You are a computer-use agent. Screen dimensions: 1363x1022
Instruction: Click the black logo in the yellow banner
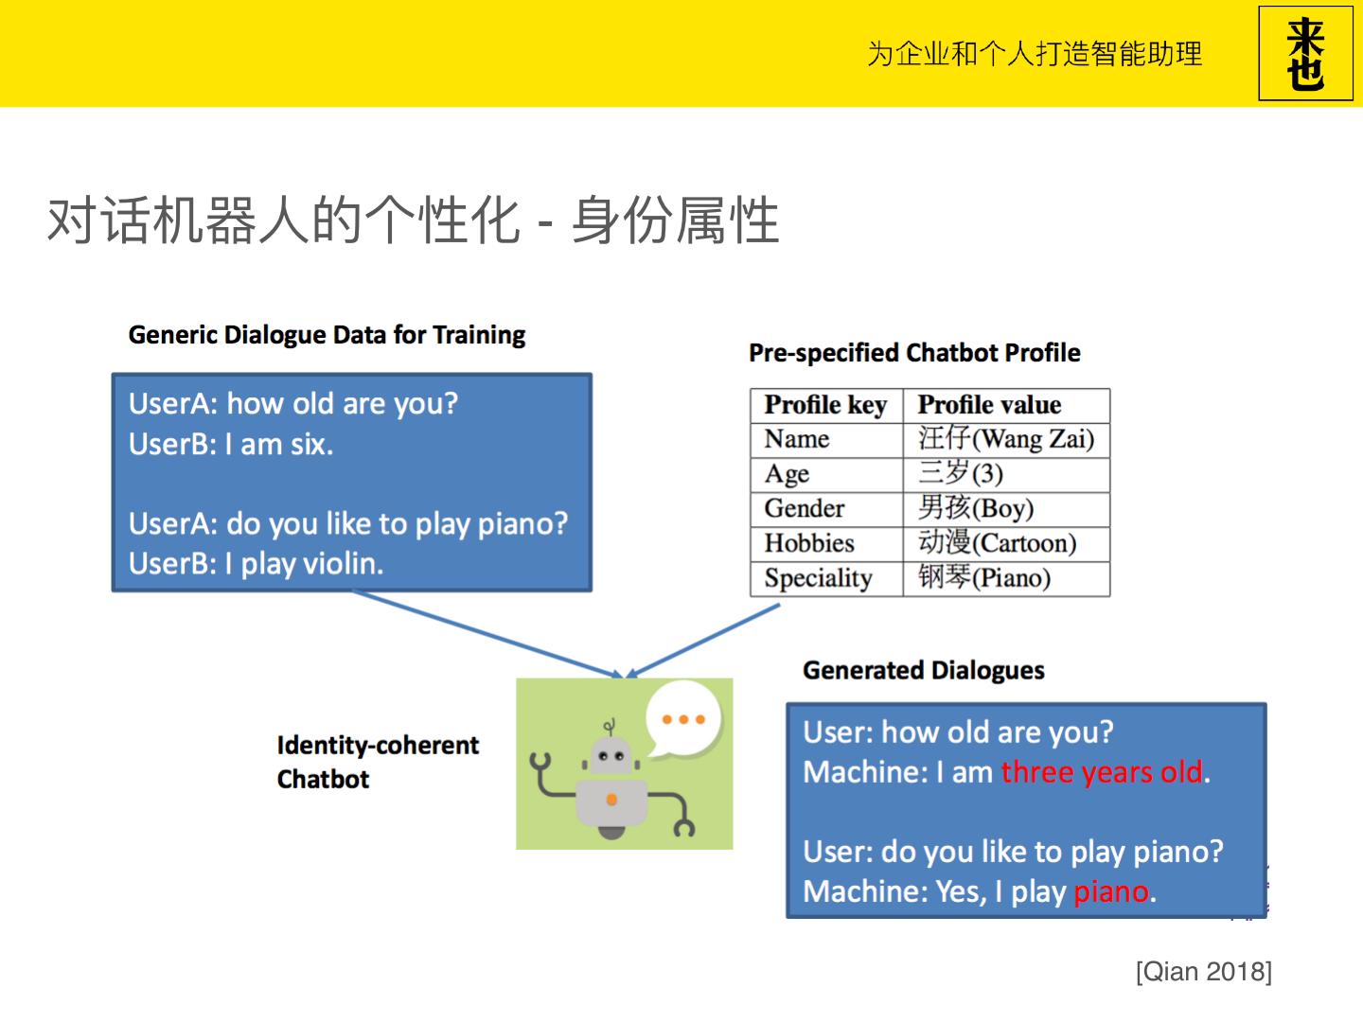pos(1305,53)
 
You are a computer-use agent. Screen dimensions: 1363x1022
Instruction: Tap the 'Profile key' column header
pos(825,405)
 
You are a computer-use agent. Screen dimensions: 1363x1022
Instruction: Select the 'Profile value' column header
pos(990,405)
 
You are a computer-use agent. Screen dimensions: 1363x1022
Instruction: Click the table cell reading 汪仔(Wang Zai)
pos(1006,439)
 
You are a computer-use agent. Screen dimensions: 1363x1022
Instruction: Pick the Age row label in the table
pos(787,474)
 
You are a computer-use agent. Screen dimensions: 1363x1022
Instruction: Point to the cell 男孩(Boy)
pos(976,508)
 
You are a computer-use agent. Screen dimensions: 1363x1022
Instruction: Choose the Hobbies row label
pos(809,543)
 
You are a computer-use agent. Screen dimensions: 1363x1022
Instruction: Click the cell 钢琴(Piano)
pos(984,577)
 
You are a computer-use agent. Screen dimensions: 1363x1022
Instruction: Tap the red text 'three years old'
pos(1102,772)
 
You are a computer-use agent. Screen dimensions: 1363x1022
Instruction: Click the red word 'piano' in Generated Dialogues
pos(1111,892)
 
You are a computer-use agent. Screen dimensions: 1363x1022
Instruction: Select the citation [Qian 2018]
pos(1204,972)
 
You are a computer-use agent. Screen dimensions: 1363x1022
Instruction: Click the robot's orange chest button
pos(611,800)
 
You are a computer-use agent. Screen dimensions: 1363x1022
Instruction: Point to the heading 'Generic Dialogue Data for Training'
pos(327,335)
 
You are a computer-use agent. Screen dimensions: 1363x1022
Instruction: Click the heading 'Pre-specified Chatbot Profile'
pos(914,353)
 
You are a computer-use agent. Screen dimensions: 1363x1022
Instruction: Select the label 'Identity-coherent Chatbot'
pos(378,762)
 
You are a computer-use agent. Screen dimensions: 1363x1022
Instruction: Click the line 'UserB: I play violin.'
pos(256,564)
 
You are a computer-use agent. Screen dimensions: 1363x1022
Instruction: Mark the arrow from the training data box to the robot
pos(487,634)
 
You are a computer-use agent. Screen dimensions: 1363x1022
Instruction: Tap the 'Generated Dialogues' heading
pos(924,671)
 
